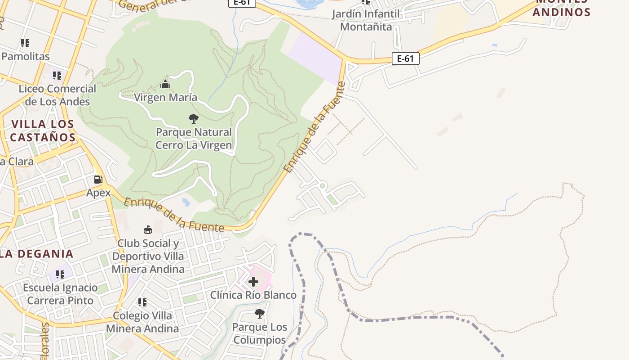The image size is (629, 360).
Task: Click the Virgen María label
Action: [165, 97]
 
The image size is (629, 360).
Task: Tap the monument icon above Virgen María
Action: [165, 84]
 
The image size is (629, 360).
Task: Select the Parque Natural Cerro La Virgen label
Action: [194, 139]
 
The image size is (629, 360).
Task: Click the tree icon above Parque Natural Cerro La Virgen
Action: [194, 119]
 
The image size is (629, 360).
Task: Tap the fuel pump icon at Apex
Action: [98, 180]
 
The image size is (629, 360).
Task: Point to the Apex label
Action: [98, 193]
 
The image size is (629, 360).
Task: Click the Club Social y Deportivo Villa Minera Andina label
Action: [148, 256]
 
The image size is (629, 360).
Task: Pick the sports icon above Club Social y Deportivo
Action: [147, 230]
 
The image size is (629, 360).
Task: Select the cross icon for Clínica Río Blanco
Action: [253, 282]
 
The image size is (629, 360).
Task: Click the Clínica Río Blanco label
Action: [253, 295]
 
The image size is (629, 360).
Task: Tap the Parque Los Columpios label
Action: [259, 333]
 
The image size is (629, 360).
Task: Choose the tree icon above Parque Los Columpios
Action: [259, 313]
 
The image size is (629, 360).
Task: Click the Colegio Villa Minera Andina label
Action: [142, 322]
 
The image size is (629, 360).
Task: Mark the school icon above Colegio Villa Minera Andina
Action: [142, 302]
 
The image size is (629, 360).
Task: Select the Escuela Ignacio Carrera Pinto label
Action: [60, 294]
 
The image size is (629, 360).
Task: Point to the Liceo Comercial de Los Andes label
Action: [57, 95]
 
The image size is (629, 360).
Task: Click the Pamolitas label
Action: [26, 57]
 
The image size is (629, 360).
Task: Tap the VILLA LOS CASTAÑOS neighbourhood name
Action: [43, 130]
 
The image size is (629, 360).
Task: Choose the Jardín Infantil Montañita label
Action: [366, 20]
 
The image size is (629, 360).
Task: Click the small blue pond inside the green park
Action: [186, 202]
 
